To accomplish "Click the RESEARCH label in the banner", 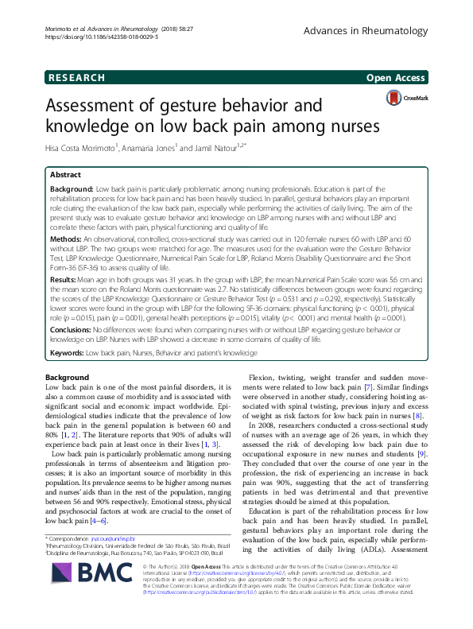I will click(x=76, y=78).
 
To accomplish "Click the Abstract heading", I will click(x=65, y=173).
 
